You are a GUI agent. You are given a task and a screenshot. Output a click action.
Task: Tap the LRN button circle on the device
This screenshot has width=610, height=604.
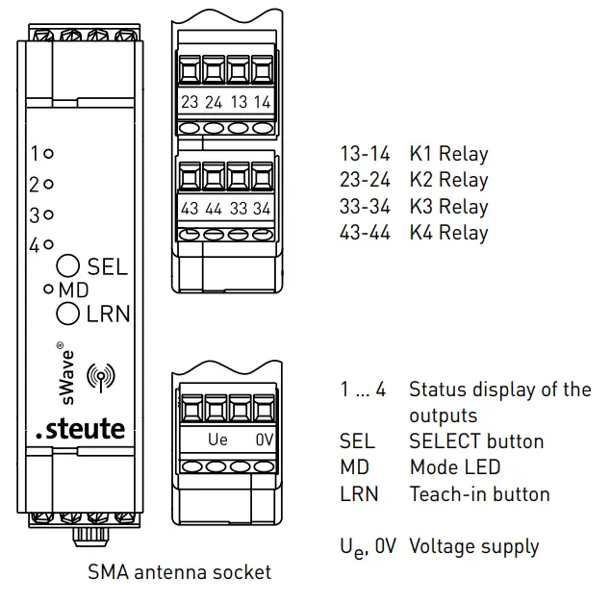[68, 313]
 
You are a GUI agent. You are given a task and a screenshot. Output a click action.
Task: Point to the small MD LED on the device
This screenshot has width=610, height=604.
[46, 289]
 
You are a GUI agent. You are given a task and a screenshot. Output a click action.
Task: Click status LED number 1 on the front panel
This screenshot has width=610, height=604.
[49, 152]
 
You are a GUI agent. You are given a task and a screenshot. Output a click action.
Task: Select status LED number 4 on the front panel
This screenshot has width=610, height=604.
[49, 244]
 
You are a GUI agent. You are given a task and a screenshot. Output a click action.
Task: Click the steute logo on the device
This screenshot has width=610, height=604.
[80, 428]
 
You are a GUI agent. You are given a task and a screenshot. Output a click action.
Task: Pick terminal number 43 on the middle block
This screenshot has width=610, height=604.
[191, 209]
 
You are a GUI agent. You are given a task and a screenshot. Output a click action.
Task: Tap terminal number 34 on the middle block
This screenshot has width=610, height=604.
[261, 209]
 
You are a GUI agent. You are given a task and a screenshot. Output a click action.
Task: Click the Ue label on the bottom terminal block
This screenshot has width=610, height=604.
[218, 440]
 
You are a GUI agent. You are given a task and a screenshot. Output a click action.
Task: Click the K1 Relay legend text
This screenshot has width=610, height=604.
[448, 154]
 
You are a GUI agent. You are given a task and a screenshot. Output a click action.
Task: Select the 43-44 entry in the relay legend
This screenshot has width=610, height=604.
[365, 233]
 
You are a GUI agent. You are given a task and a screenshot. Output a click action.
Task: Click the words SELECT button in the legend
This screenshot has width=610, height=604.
[476, 441]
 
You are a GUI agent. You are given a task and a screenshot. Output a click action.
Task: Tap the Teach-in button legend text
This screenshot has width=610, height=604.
[479, 494]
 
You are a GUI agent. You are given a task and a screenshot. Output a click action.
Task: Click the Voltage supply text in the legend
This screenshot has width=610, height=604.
[473, 546]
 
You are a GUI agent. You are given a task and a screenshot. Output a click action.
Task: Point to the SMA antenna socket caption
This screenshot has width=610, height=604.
[179, 572]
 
